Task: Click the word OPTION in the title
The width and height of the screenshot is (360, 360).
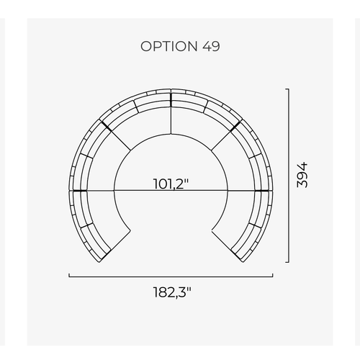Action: [169, 46]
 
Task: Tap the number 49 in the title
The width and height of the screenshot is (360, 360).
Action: [211, 46]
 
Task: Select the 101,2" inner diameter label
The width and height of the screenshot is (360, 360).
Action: [171, 184]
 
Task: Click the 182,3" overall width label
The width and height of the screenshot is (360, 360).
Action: [172, 292]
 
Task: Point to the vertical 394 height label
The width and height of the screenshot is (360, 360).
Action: [302, 175]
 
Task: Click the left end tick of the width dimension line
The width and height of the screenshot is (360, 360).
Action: [69, 275]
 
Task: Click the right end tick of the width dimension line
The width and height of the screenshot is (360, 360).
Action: [272, 275]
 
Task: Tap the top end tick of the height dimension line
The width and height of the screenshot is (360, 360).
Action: [287, 89]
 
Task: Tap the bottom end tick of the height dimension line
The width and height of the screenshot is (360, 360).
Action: [287, 262]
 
